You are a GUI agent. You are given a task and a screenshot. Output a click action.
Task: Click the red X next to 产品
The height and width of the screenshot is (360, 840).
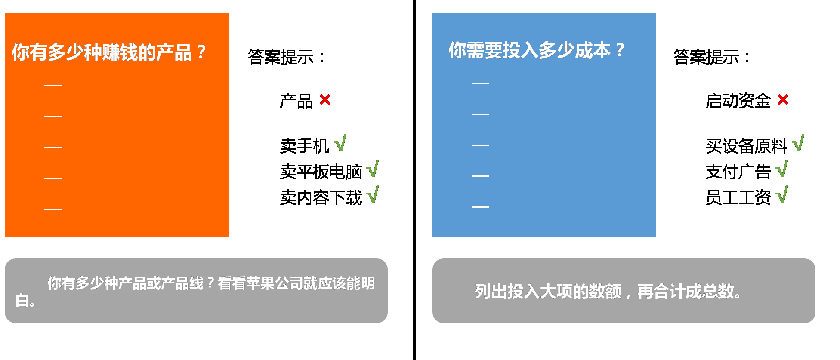coord(325,100)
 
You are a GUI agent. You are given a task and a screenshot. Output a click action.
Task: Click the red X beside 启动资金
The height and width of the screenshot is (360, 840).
coord(783,100)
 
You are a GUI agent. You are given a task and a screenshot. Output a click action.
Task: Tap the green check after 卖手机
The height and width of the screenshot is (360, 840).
coord(340,143)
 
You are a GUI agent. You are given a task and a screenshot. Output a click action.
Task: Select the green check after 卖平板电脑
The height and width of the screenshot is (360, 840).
coord(373,169)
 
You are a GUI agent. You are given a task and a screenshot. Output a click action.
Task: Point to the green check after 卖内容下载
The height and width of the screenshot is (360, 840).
coord(373,195)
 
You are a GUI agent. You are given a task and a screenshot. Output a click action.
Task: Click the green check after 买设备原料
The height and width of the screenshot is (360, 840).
coord(798,143)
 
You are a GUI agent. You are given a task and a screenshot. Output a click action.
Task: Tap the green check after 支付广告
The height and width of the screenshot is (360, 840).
coord(782,169)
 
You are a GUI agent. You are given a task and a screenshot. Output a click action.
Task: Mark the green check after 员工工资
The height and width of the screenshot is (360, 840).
coord(782,195)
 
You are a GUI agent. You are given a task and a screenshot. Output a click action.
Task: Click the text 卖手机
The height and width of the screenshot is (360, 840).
coord(304,146)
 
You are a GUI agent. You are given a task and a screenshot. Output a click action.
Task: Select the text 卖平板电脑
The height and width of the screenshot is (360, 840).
coord(321,172)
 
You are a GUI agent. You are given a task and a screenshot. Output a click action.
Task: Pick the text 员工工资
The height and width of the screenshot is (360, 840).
coord(738,198)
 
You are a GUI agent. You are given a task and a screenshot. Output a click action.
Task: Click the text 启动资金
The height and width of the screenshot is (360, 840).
coord(738,101)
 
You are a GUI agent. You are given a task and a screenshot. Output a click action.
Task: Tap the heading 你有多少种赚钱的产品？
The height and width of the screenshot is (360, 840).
coord(109,52)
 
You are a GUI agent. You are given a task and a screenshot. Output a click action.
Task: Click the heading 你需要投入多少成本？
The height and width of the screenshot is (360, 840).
coord(536,50)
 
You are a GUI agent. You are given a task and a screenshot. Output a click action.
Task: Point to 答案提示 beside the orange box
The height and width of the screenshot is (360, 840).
coord(286,57)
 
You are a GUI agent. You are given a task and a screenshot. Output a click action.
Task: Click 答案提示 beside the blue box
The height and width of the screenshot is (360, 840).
coord(712,57)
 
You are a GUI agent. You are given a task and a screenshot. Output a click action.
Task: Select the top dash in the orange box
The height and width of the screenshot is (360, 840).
coord(52,86)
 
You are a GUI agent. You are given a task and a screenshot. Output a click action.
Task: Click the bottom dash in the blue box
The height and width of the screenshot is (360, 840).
coord(480,207)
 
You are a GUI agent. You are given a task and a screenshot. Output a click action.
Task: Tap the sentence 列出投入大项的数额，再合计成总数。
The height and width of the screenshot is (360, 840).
coord(608,292)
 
